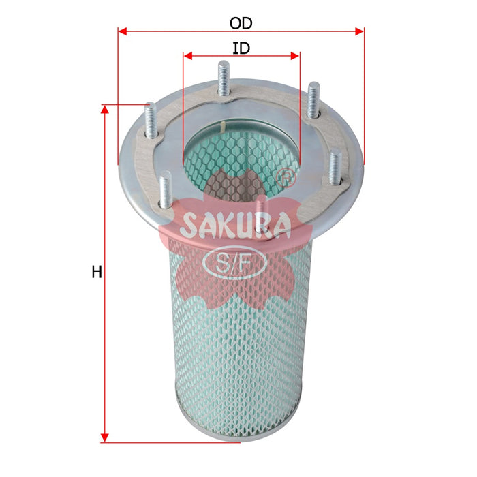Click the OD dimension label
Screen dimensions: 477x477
tap(241, 23)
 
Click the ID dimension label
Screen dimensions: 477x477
tap(241, 48)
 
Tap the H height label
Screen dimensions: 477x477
tap(97, 272)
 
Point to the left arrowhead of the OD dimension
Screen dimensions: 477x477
tap(122, 31)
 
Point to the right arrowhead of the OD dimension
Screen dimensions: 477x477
tap(360, 31)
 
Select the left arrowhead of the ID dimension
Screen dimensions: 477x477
tap(188, 56)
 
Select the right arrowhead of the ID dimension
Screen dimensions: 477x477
tap(295, 56)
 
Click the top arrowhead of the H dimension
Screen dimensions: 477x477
tap(105, 110)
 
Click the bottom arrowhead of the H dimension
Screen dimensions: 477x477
tap(105, 437)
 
